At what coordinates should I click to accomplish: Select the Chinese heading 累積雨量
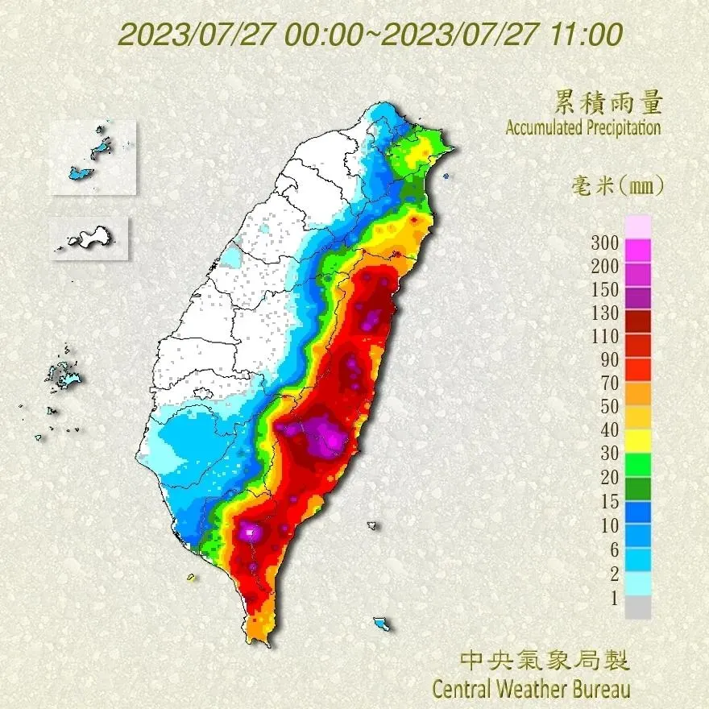(x=608, y=102)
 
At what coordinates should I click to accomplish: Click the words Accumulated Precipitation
(x=583, y=127)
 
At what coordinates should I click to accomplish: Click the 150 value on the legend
(x=603, y=290)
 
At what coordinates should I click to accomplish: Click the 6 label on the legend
(x=613, y=549)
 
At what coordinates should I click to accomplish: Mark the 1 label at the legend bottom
(x=613, y=597)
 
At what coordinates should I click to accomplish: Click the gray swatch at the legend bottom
(x=637, y=607)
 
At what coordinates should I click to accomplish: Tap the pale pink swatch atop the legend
(x=637, y=226)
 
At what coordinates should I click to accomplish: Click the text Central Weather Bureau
(x=531, y=690)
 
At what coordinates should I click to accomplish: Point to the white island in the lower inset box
(x=90, y=238)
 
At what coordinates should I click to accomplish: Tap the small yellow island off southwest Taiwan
(x=191, y=577)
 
